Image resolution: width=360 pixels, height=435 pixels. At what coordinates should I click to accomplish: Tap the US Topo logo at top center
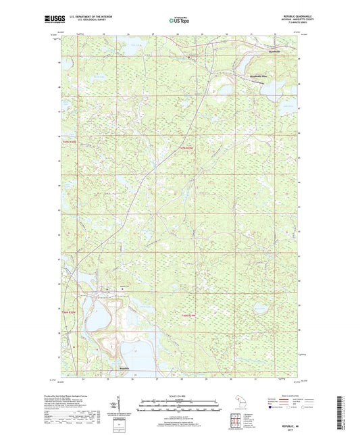(x=179, y=22)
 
